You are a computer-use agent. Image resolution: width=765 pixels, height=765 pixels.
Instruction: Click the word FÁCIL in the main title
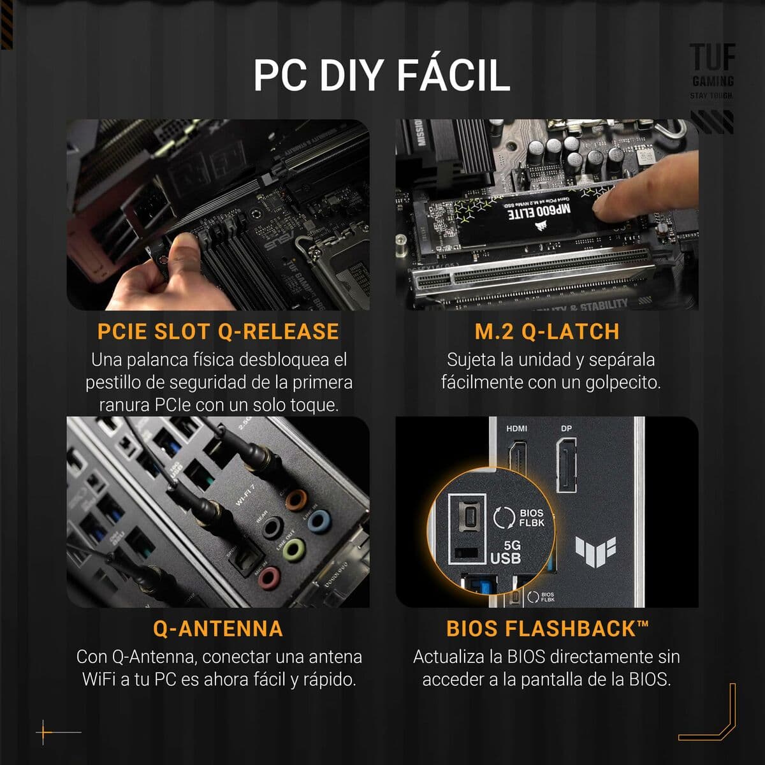(453, 75)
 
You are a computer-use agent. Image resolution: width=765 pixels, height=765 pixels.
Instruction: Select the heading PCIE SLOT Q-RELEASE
(218, 331)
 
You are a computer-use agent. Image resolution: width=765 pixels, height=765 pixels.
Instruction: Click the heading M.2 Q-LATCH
(547, 331)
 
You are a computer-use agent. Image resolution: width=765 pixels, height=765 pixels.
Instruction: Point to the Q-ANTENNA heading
(218, 629)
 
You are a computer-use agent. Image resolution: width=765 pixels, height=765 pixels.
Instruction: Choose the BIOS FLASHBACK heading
(547, 629)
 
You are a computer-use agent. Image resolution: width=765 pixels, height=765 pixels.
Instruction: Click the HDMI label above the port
(516, 428)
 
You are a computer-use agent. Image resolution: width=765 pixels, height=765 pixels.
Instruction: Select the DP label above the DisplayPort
(566, 428)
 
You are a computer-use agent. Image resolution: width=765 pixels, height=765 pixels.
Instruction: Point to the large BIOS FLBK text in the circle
(531, 518)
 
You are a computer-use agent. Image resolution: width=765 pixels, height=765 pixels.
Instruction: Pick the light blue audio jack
(317, 523)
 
